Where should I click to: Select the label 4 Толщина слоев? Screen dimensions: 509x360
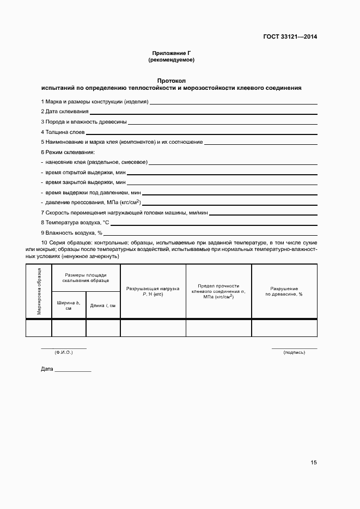coord(62,132)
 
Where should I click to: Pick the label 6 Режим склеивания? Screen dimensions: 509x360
coord(68,152)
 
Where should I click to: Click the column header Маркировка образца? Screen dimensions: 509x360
coord(39,291)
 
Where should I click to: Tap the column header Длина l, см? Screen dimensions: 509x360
coord(102,305)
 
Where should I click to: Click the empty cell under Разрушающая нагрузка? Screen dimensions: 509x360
coord(152,328)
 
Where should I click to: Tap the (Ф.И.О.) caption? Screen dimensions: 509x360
coord(63,353)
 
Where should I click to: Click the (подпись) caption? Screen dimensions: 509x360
coord(294,353)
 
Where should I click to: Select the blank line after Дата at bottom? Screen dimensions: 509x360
coord(73,370)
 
